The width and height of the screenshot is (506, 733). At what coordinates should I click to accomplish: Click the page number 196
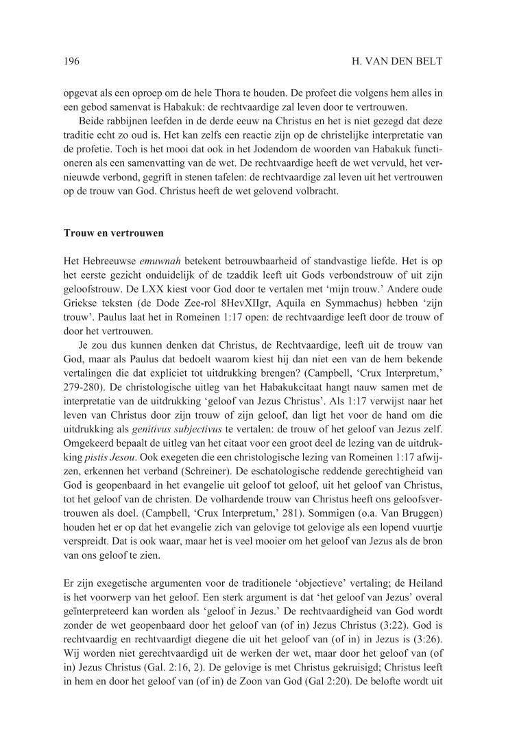(x=71, y=62)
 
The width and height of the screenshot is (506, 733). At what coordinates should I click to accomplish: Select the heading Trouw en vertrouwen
(x=113, y=233)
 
